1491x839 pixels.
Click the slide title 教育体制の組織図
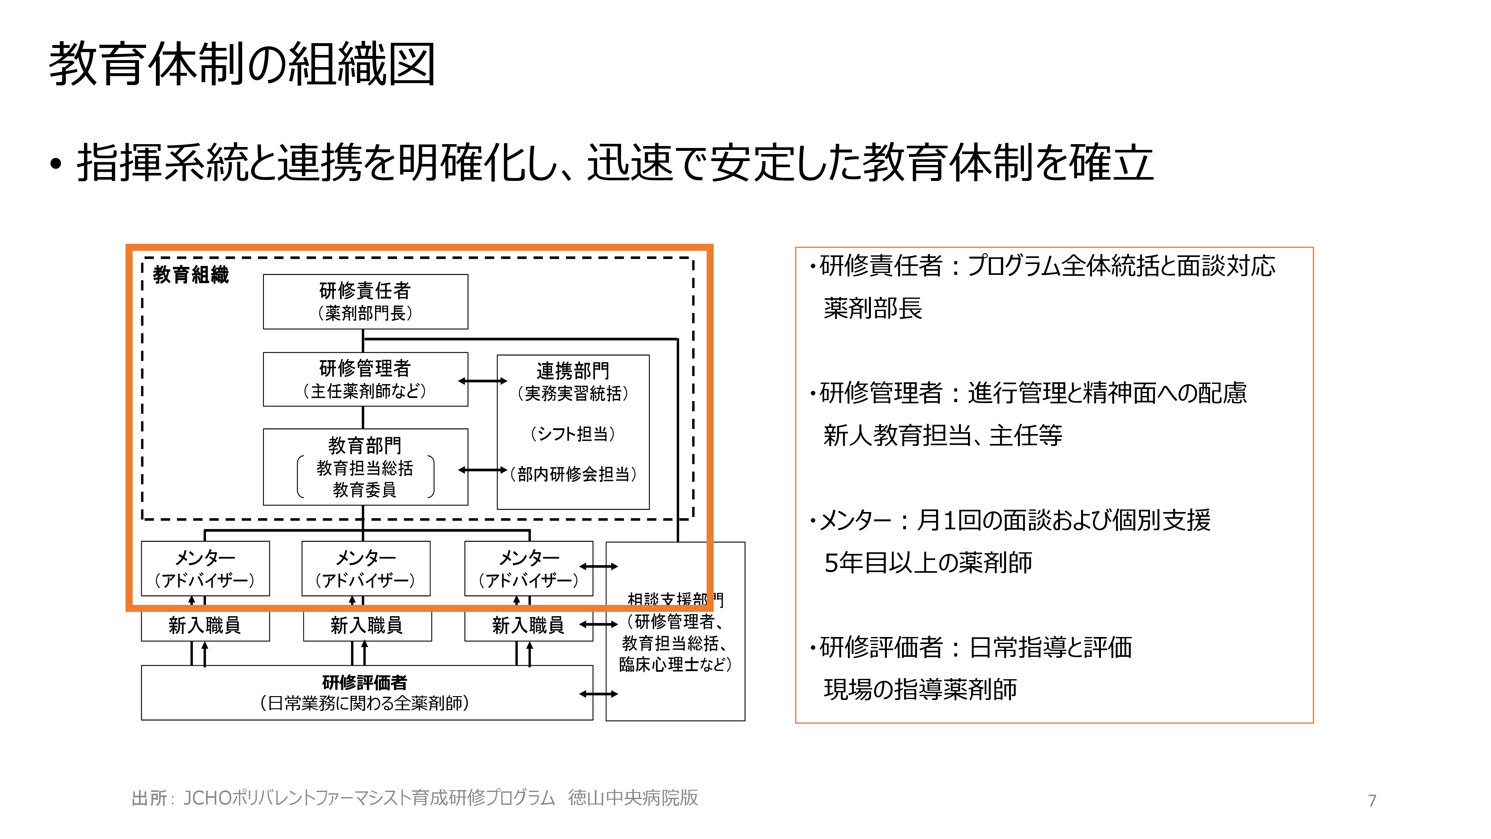pyautogui.click(x=242, y=64)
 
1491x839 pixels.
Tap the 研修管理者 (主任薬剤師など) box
pyautogui.click(x=365, y=379)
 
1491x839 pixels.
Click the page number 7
pyautogui.click(x=1372, y=801)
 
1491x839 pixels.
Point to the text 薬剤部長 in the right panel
pyautogui.click(x=872, y=308)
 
